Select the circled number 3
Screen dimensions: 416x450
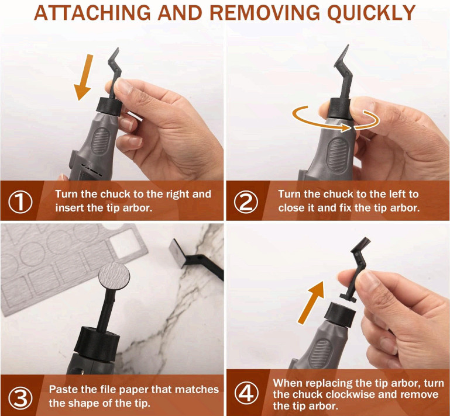(22, 396)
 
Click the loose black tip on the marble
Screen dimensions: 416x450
(192, 254)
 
